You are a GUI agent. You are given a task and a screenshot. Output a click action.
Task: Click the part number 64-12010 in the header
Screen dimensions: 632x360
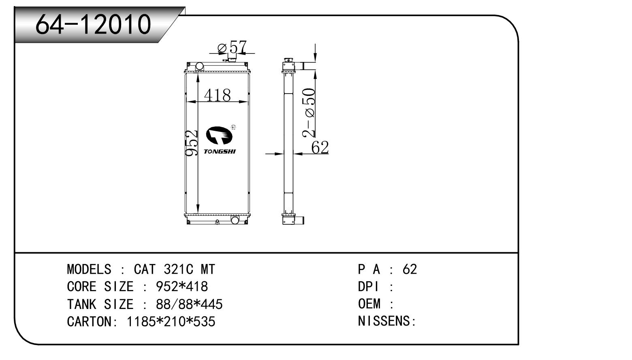tap(93, 24)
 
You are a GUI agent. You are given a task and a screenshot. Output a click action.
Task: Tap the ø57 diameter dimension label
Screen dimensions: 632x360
tap(232, 47)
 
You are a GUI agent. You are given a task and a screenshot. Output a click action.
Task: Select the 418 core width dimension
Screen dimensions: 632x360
tap(217, 95)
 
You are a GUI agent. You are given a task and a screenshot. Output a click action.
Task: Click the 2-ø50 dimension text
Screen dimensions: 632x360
tap(308, 113)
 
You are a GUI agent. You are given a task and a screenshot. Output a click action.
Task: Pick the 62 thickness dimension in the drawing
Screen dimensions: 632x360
tap(320, 147)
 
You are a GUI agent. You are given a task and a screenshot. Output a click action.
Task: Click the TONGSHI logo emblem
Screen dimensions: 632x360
tap(219, 135)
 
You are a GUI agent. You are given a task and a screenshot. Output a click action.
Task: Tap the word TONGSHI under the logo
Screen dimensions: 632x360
tap(220, 152)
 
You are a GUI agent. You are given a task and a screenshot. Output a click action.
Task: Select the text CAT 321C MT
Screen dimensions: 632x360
tap(174, 269)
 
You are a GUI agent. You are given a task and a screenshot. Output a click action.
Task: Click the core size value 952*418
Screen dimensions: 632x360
tap(182, 287)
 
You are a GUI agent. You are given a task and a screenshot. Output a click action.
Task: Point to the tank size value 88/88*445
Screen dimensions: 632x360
tap(189, 304)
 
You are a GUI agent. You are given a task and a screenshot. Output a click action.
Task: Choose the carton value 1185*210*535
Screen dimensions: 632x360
tap(171, 322)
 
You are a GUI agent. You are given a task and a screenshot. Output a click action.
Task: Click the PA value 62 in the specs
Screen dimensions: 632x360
tap(410, 269)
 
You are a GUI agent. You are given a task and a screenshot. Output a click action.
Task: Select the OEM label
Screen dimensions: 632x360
tap(369, 304)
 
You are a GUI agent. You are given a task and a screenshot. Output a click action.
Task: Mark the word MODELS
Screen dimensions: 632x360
tap(89, 269)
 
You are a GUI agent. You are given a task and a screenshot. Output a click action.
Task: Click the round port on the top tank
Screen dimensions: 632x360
tap(199, 66)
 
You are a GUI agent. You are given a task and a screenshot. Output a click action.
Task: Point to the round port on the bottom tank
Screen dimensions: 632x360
tap(235, 219)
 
